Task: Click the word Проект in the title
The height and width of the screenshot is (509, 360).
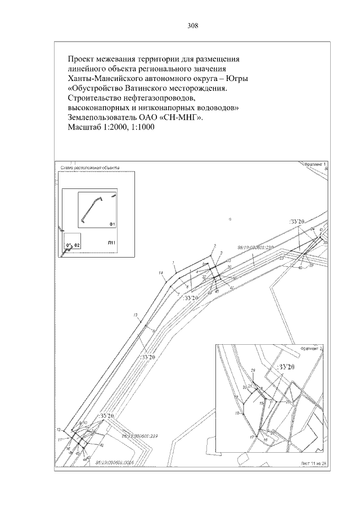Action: (x=82, y=58)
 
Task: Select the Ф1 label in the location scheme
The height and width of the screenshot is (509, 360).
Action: (x=112, y=224)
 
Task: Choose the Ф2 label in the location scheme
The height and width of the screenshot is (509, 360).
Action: (x=77, y=246)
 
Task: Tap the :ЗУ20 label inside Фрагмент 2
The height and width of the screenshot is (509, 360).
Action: (x=287, y=367)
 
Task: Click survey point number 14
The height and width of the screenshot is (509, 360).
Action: (x=161, y=273)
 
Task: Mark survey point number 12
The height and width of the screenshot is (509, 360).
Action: (x=59, y=430)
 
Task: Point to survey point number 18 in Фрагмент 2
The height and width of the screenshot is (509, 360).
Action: (x=238, y=413)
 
